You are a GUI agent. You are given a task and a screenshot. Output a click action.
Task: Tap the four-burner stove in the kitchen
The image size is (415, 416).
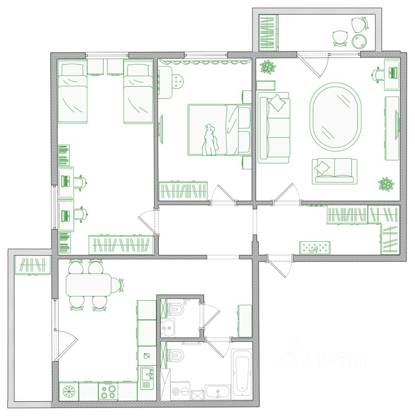point(108,391)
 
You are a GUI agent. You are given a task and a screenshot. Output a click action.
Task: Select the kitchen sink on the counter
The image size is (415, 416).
point(147,377)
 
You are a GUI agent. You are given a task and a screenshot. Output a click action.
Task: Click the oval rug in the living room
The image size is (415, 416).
point(335,116)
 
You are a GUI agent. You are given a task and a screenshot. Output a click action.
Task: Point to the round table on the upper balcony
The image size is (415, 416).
point(359,42)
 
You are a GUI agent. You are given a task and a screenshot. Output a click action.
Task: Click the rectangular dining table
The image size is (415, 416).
point(88,285)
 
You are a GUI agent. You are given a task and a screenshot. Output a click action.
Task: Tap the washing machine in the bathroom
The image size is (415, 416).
point(180,391)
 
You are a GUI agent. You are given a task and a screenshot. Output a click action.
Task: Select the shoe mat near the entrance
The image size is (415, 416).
point(315,247)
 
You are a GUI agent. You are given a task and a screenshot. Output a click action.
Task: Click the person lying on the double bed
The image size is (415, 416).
point(210,140)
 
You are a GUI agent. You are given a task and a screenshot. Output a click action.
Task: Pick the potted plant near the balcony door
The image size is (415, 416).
point(268,67)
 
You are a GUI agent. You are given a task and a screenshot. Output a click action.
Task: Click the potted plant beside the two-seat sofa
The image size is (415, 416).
point(386,184)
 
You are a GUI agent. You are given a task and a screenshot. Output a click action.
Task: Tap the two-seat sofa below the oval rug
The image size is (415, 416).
point(334,171)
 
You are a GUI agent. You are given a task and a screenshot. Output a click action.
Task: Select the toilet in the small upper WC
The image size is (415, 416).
point(176,309)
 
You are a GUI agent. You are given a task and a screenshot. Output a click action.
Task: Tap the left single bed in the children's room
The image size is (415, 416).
point(72,92)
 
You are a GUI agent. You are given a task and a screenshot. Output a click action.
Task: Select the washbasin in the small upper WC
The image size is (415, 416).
point(168,328)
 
